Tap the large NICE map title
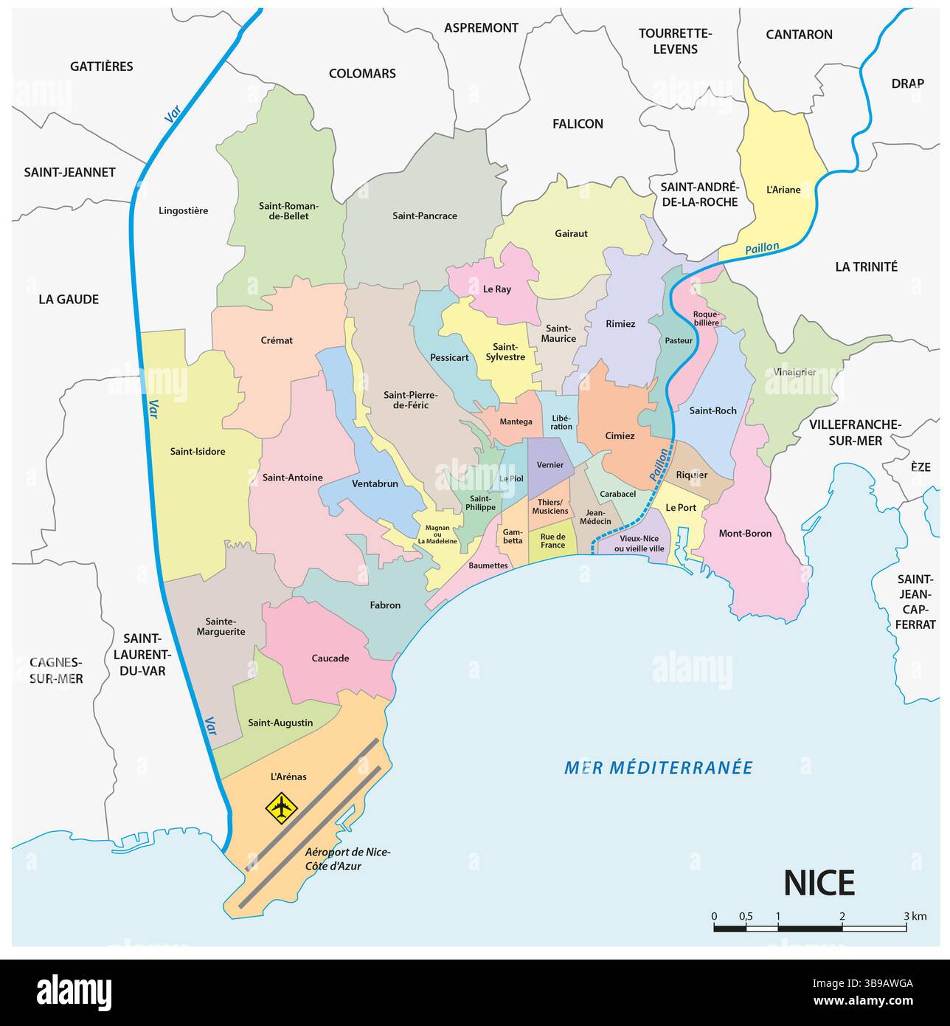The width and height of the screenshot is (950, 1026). pyautogui.click(x=818, y=884)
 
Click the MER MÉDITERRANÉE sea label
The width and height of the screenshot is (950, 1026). pyautogui.click(x=658, y=768)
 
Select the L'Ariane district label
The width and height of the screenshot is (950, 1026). pyautogui.click(x=783, y=190)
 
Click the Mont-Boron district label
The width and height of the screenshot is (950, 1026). pyautogui.click(x=745, y=533)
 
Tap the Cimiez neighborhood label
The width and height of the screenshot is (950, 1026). pyautogui.click(x=620, y=435)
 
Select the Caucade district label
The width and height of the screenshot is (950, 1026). pyautogui.click(x=330, y=658)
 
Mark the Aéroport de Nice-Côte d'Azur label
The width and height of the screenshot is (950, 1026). pyautogui.click(x=347, y=858)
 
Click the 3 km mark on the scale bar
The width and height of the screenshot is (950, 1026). pyautogui.click(x=906, y=917)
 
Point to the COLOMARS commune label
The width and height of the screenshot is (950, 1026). pyautogui.click(x=362, y=73)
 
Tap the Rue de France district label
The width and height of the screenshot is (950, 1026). pyautogui.click(x=552, y=541)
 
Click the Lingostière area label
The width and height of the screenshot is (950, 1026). pyautogui.click(x=183, y=210)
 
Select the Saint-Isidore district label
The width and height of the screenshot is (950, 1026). pyautogui.click(x=198, y=451)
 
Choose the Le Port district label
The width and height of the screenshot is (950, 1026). pyautogui.click(x=680, y=507)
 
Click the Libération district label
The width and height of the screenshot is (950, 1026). pyautogui.click(x=561, y=422)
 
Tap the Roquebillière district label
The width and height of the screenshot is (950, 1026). pyautogui.click(x=705, y=318)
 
